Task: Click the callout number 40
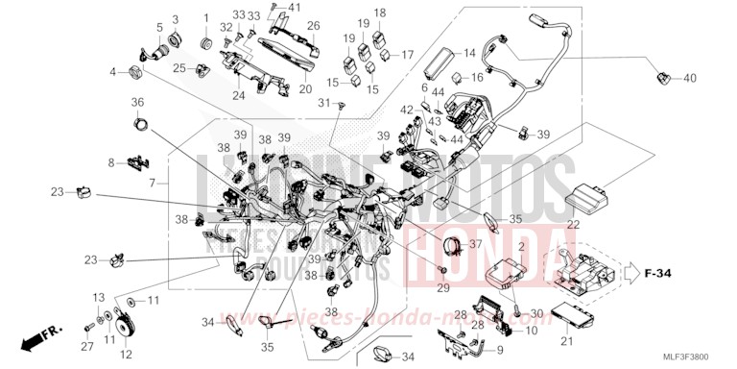coord(688,77)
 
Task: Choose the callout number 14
coord(469,53)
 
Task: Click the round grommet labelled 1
coord(205,44)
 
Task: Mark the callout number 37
coord(473,243)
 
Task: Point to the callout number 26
coord(313,26)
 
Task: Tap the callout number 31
coord(324,104)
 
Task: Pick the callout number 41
coord(272,8)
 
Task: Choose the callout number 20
coord(306,89)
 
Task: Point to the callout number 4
coord(112,72)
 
